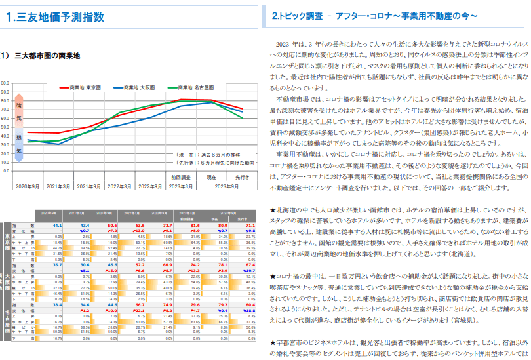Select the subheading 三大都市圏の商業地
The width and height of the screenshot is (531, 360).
47,56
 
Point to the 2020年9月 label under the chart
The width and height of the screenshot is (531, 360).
28,186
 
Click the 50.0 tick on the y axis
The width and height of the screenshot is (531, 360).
5,127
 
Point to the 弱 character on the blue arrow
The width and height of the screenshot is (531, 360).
19,138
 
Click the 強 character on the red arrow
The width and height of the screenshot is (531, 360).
19,105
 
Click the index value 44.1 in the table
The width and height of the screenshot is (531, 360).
56,225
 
